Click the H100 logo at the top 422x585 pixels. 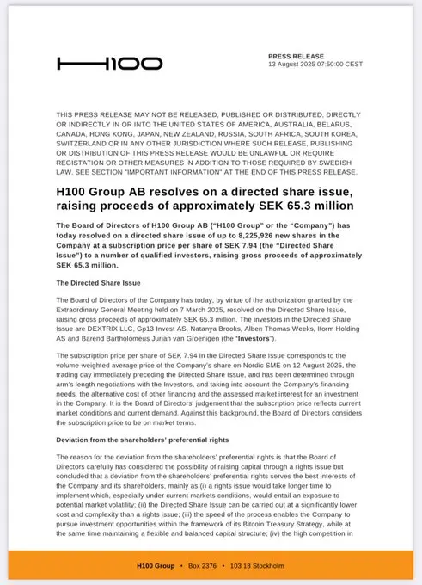[109, 64]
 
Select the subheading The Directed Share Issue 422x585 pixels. [98, 283]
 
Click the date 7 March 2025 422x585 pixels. [195, 308]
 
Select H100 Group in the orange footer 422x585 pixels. [155, 565]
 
